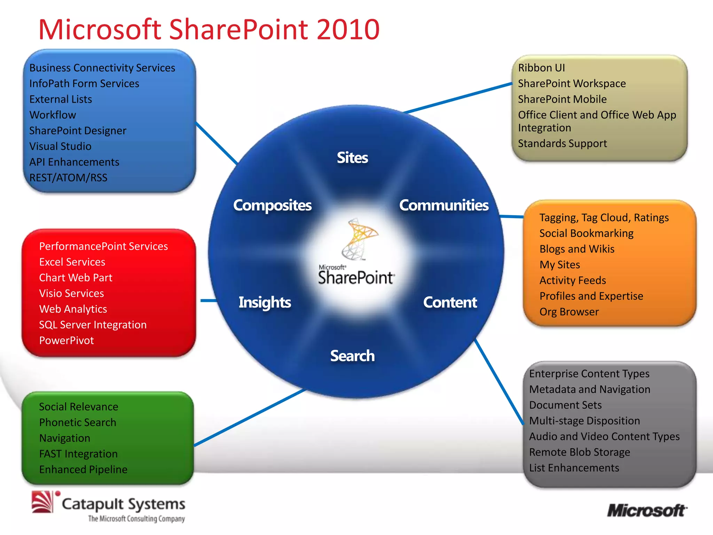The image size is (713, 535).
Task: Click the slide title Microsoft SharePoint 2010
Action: [x=209, y=30]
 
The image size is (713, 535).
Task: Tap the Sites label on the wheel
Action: [x=352, y=158]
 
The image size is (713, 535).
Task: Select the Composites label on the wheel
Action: [x=272, y=205]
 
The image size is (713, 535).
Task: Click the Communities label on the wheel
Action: [x=444, y=205]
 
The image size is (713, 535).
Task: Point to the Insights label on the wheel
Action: [x=265, y=302]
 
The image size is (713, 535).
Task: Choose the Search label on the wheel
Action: [x=352, y=356]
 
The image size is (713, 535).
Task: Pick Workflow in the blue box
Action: [x=53, y=115]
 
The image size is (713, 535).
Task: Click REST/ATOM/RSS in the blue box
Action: [x=68, y=178]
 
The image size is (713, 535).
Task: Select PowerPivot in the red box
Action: [x=66, y=340]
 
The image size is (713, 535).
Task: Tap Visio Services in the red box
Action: [x=71, y=293]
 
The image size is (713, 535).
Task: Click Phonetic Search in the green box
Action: [x=78, y=422]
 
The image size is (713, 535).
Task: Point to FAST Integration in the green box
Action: [x=78, y=454]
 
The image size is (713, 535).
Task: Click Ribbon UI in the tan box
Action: [x=541, y=68]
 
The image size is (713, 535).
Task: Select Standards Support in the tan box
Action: [x=562, y=144]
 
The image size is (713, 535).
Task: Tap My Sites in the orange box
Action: [x=559, y=265]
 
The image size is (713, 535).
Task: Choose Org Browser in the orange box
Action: [x=569, y=312]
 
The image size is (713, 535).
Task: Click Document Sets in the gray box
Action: [x=565, y=405]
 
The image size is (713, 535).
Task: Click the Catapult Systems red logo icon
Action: [x=43, y=502]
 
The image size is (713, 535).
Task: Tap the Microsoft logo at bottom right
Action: [x=647, y=511]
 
